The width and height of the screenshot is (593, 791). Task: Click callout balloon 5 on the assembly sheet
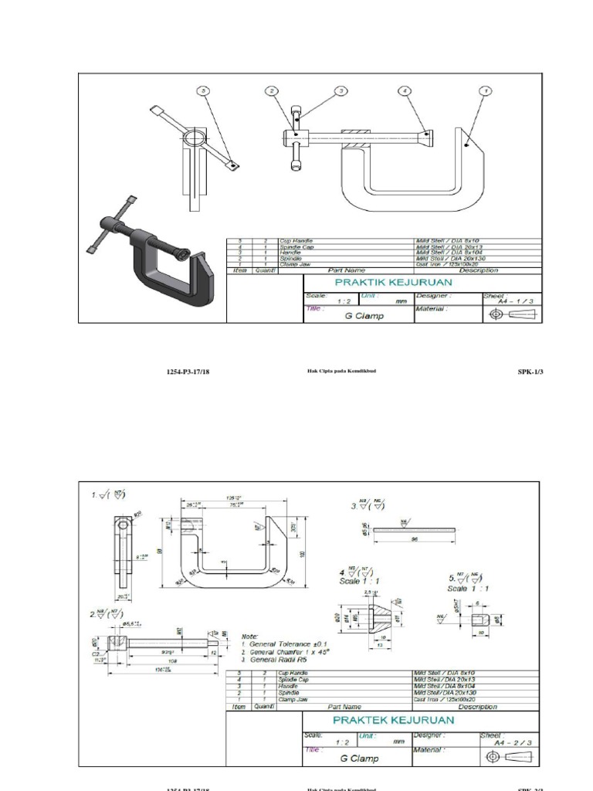pos(204,91)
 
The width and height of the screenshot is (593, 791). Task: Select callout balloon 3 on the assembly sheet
pos(339,91)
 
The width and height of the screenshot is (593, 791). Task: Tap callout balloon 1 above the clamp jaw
pos(485,91)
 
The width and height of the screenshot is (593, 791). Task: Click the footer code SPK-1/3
pos(530,372)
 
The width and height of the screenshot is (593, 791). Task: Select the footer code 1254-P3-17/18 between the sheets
pos(188,372)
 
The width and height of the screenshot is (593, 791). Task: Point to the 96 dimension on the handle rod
pos(415,541)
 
